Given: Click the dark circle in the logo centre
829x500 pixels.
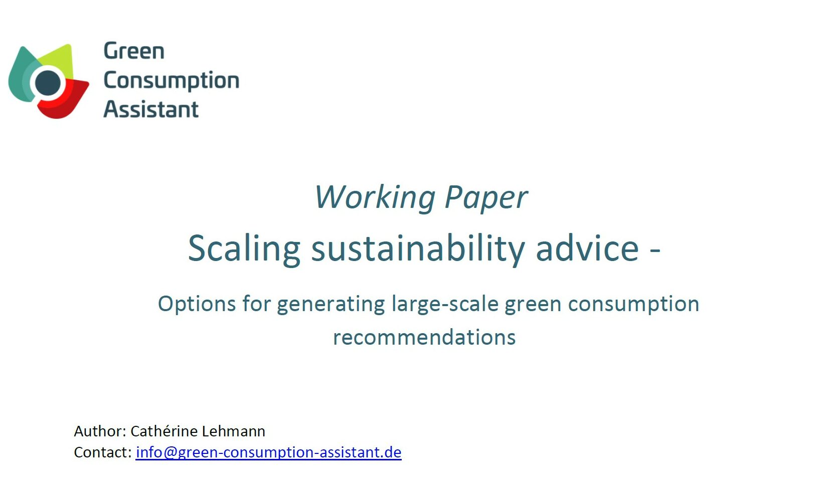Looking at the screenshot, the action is [48, 83].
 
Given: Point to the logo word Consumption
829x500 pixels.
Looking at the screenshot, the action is [172, 81].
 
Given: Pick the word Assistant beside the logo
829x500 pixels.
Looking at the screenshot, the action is [151, 109].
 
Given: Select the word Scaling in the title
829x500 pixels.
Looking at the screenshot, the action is [244, 249].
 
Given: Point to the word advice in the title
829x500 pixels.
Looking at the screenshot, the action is [587, 248].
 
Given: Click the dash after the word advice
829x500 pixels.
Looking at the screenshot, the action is [655, 251].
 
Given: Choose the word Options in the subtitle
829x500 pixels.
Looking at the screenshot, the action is [197, 305].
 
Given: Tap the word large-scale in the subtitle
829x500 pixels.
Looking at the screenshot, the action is [445, 305].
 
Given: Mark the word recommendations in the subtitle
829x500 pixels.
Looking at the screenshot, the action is [424, 337].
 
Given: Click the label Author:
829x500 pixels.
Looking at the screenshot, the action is [100, 431].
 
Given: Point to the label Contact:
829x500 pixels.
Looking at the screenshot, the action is [103, 452].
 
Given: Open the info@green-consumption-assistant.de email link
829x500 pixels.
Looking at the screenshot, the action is [269, 453].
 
